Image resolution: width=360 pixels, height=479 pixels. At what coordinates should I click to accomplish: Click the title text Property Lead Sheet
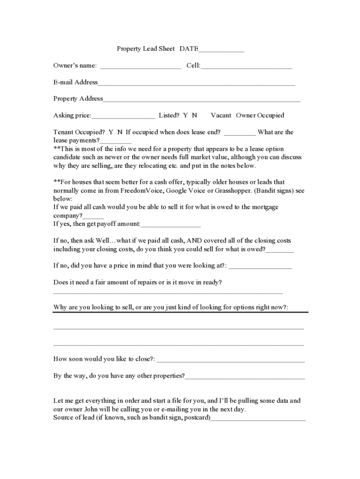pos(145,49)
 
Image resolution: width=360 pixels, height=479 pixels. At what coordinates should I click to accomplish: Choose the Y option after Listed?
pos(186,115)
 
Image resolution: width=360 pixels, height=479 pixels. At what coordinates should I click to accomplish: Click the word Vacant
pos(221,115)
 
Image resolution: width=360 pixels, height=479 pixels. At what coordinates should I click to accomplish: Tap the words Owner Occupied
pos(260,115)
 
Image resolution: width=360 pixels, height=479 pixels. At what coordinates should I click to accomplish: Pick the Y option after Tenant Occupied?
pos(111,132)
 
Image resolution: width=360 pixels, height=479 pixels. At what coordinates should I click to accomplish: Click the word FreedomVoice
pos(128,190)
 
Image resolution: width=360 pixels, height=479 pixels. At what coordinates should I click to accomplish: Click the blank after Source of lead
pos(258,419)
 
